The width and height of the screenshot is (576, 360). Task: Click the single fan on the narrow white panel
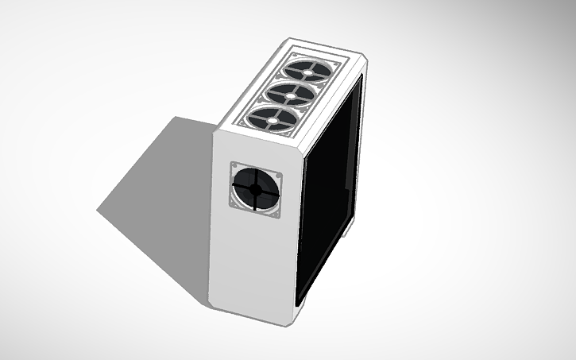click(255, 189)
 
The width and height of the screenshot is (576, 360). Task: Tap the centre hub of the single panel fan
click(256, 190)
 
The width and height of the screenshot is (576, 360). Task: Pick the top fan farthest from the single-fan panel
click(308, 70)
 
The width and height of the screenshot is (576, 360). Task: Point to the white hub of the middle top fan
click(289, 95)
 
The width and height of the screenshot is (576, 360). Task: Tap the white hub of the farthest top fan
click(309, 70)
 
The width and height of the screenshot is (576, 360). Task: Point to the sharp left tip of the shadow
click(99, 211)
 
